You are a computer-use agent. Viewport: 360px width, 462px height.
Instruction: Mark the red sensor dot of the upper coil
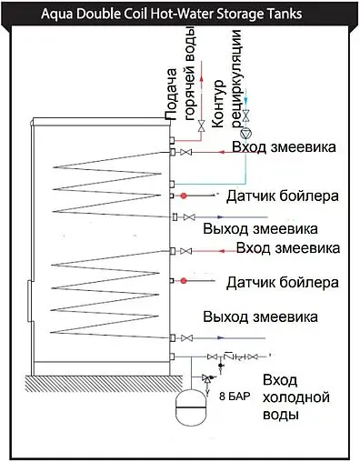[x=184, y=196]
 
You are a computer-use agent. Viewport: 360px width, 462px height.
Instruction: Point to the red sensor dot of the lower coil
[x=184, y=280]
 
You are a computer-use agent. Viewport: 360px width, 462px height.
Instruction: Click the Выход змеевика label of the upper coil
[x=262, y=226]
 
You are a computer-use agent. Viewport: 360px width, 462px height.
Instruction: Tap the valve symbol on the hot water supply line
[x=202, y=126]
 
